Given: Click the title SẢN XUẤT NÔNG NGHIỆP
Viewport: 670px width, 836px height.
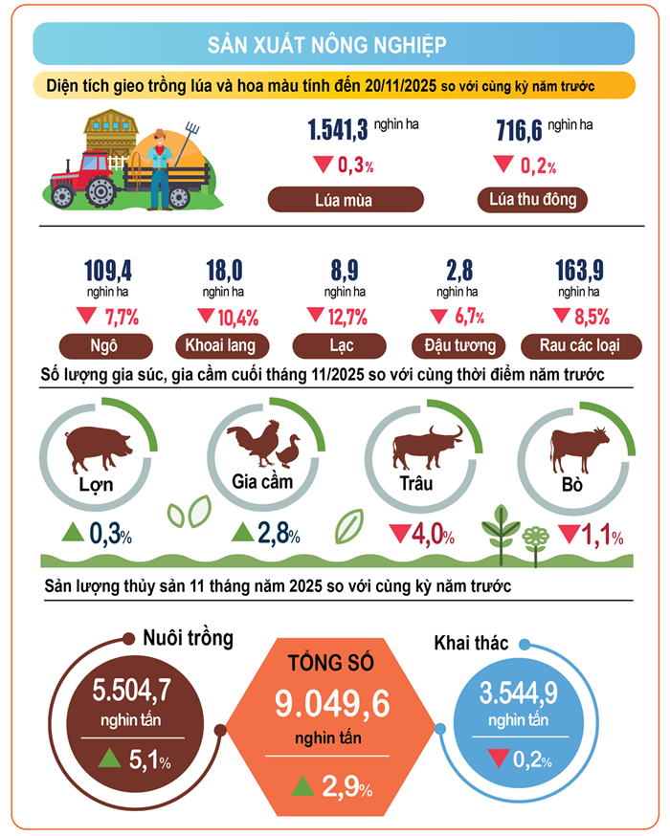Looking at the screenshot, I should coord(334,45).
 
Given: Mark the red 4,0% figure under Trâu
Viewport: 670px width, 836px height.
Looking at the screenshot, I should coord(423,534).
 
